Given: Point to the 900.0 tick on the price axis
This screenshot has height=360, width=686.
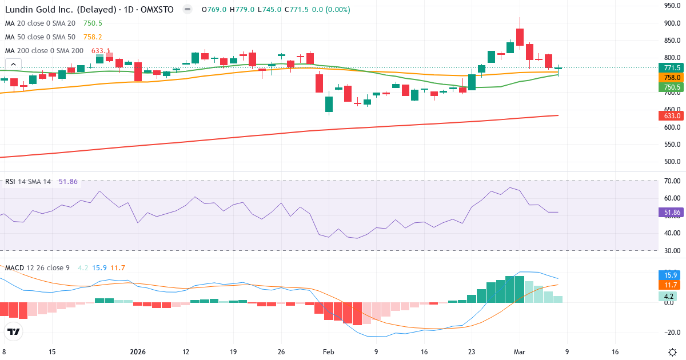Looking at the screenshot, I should point(671,23).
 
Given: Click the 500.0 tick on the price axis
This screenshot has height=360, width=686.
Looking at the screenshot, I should point(671,162).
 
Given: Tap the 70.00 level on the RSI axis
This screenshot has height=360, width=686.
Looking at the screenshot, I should point(671,181).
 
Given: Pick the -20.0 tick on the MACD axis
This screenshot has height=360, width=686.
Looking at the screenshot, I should point(671,333).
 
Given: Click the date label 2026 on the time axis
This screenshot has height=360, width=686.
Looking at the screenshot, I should point(138,352).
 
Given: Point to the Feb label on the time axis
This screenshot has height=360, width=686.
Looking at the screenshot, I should point(328,352).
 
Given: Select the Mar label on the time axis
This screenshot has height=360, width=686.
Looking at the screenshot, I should point(520,352).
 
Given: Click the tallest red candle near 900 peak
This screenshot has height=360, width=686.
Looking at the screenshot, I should point(520,37).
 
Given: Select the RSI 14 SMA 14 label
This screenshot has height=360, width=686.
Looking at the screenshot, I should point(28,182).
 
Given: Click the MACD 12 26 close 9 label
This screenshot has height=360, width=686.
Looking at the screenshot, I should point(38,268).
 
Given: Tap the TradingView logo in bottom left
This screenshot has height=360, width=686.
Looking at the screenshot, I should point(14,331).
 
